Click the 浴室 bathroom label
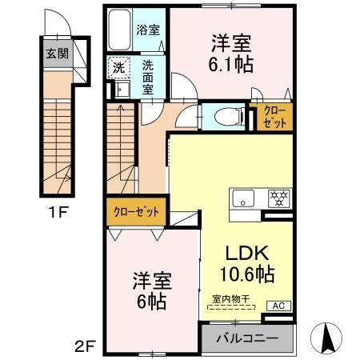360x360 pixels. click(147, 30)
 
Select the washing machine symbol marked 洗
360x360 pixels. click(117, 67)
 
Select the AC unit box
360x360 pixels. click(280, 306)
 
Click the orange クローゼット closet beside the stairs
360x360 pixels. click(135, 212)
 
